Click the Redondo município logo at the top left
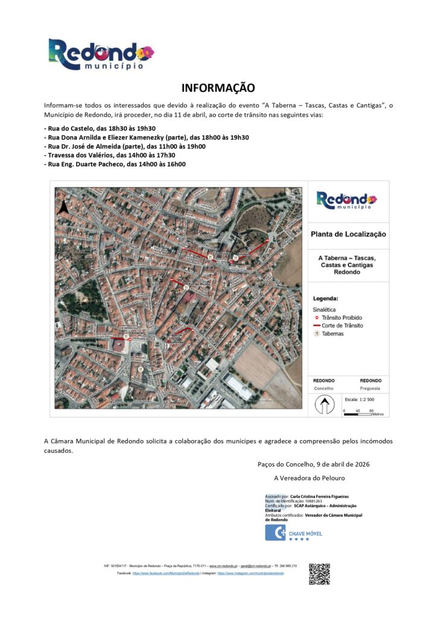pyautogui.click(x=101, y=54)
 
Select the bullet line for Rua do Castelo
pyautogui.click(x=100, y=128)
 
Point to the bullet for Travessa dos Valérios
pyautogui.click(x=110, y=155)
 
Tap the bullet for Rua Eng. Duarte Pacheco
pyautogui.click(x=115, y=164)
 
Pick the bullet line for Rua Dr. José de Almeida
pyautogui.click(x=125, y=146)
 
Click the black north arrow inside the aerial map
pyautogui.click(x=63, y=207)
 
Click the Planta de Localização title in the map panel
pyautogui.click(x=348, y=234)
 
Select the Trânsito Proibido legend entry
pyautogui.click(x=342, y=317)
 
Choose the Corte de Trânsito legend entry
pyautogui.click(x=342, y=325)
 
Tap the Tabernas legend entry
pyautogui.click(x=332, y=334)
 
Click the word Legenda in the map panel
pyautogui.click(x=325, y=299)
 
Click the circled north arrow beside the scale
pyautogui.click(x=325, y=405)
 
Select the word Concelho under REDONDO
pyautogui.click(x=324, y=388)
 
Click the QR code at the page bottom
pyautogui.click(x=319, y=574)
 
